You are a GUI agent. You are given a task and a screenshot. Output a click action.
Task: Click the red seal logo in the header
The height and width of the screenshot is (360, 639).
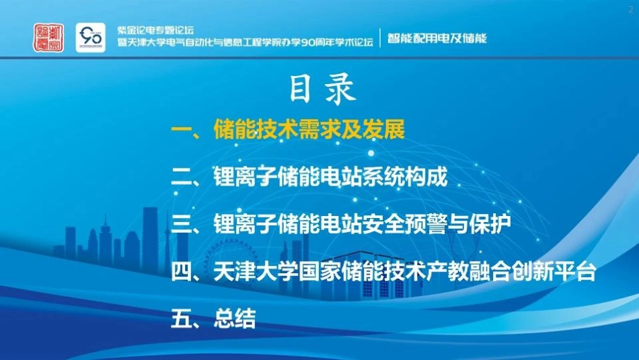coord(48,38)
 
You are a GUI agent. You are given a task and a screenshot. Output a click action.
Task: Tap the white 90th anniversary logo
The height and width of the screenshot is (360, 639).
coord(90,38)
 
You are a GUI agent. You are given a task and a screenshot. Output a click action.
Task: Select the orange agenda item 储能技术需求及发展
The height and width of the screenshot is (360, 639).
coord(309,130)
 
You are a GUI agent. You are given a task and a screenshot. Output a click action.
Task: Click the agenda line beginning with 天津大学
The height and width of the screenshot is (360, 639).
coord(404,273)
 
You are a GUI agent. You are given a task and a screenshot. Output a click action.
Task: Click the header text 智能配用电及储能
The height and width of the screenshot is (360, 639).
coord(437,38)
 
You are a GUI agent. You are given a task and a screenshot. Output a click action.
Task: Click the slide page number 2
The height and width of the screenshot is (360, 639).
coord(630,7)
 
